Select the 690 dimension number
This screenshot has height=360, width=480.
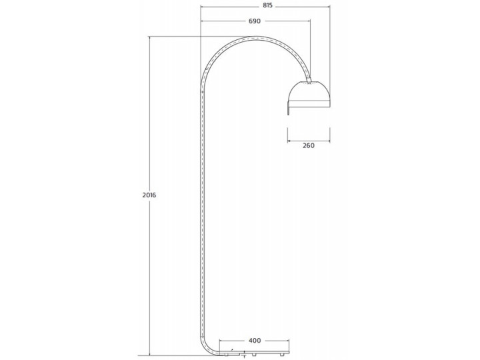(x=254, y=21)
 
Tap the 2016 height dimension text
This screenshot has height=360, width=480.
(x=149, y=195)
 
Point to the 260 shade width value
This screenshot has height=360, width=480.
(x=308, y=145)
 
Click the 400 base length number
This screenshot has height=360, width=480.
(x=254, y=341)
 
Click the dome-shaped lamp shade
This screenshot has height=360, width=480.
(x=309, y=94)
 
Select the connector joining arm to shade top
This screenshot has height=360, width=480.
(x=309, y=79)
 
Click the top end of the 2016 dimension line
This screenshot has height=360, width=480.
(x=149, y=37)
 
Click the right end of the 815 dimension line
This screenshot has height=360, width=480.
(x=330, y=6)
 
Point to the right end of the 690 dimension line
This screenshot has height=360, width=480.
(x=310, y=21)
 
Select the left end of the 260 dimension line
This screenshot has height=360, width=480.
(x=287, y=141)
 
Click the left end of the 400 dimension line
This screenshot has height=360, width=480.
(x=219, y=341)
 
